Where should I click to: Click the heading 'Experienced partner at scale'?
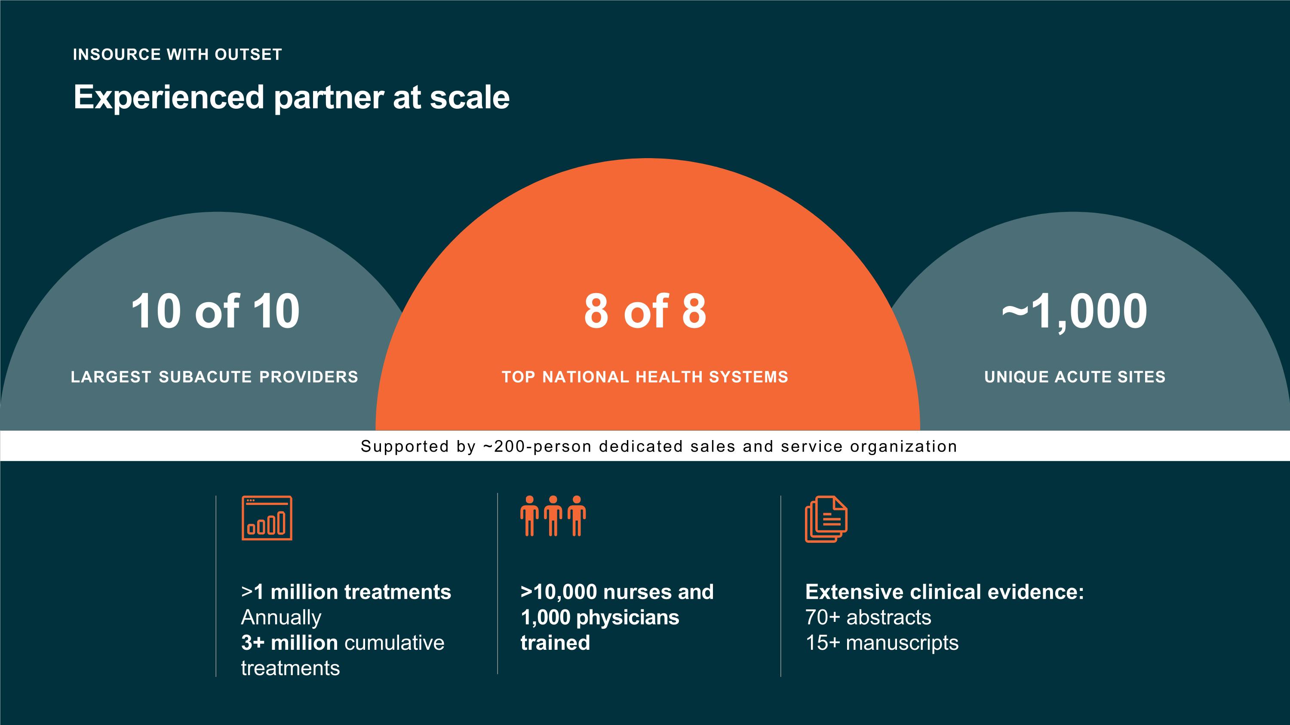[292, 97]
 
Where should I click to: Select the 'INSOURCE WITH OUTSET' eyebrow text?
[177, 55]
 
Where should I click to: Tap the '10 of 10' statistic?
[215, 311]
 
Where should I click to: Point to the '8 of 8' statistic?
[645, 311]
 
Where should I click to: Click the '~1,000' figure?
[1074, 311]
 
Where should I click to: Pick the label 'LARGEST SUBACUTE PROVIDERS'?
[214, 377]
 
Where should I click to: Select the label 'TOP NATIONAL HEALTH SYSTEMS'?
[645, 377]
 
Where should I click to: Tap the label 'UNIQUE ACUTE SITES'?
[1075, 377]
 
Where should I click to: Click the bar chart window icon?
[267, 518]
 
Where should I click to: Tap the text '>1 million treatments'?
[346, 592]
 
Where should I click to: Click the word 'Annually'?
[281, 618]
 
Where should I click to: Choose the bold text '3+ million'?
[289, 643]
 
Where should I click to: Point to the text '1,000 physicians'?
[599, 618]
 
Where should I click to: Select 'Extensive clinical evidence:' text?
[944, 592]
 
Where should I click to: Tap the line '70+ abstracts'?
[868, 618]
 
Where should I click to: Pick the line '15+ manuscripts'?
[882, 643]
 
